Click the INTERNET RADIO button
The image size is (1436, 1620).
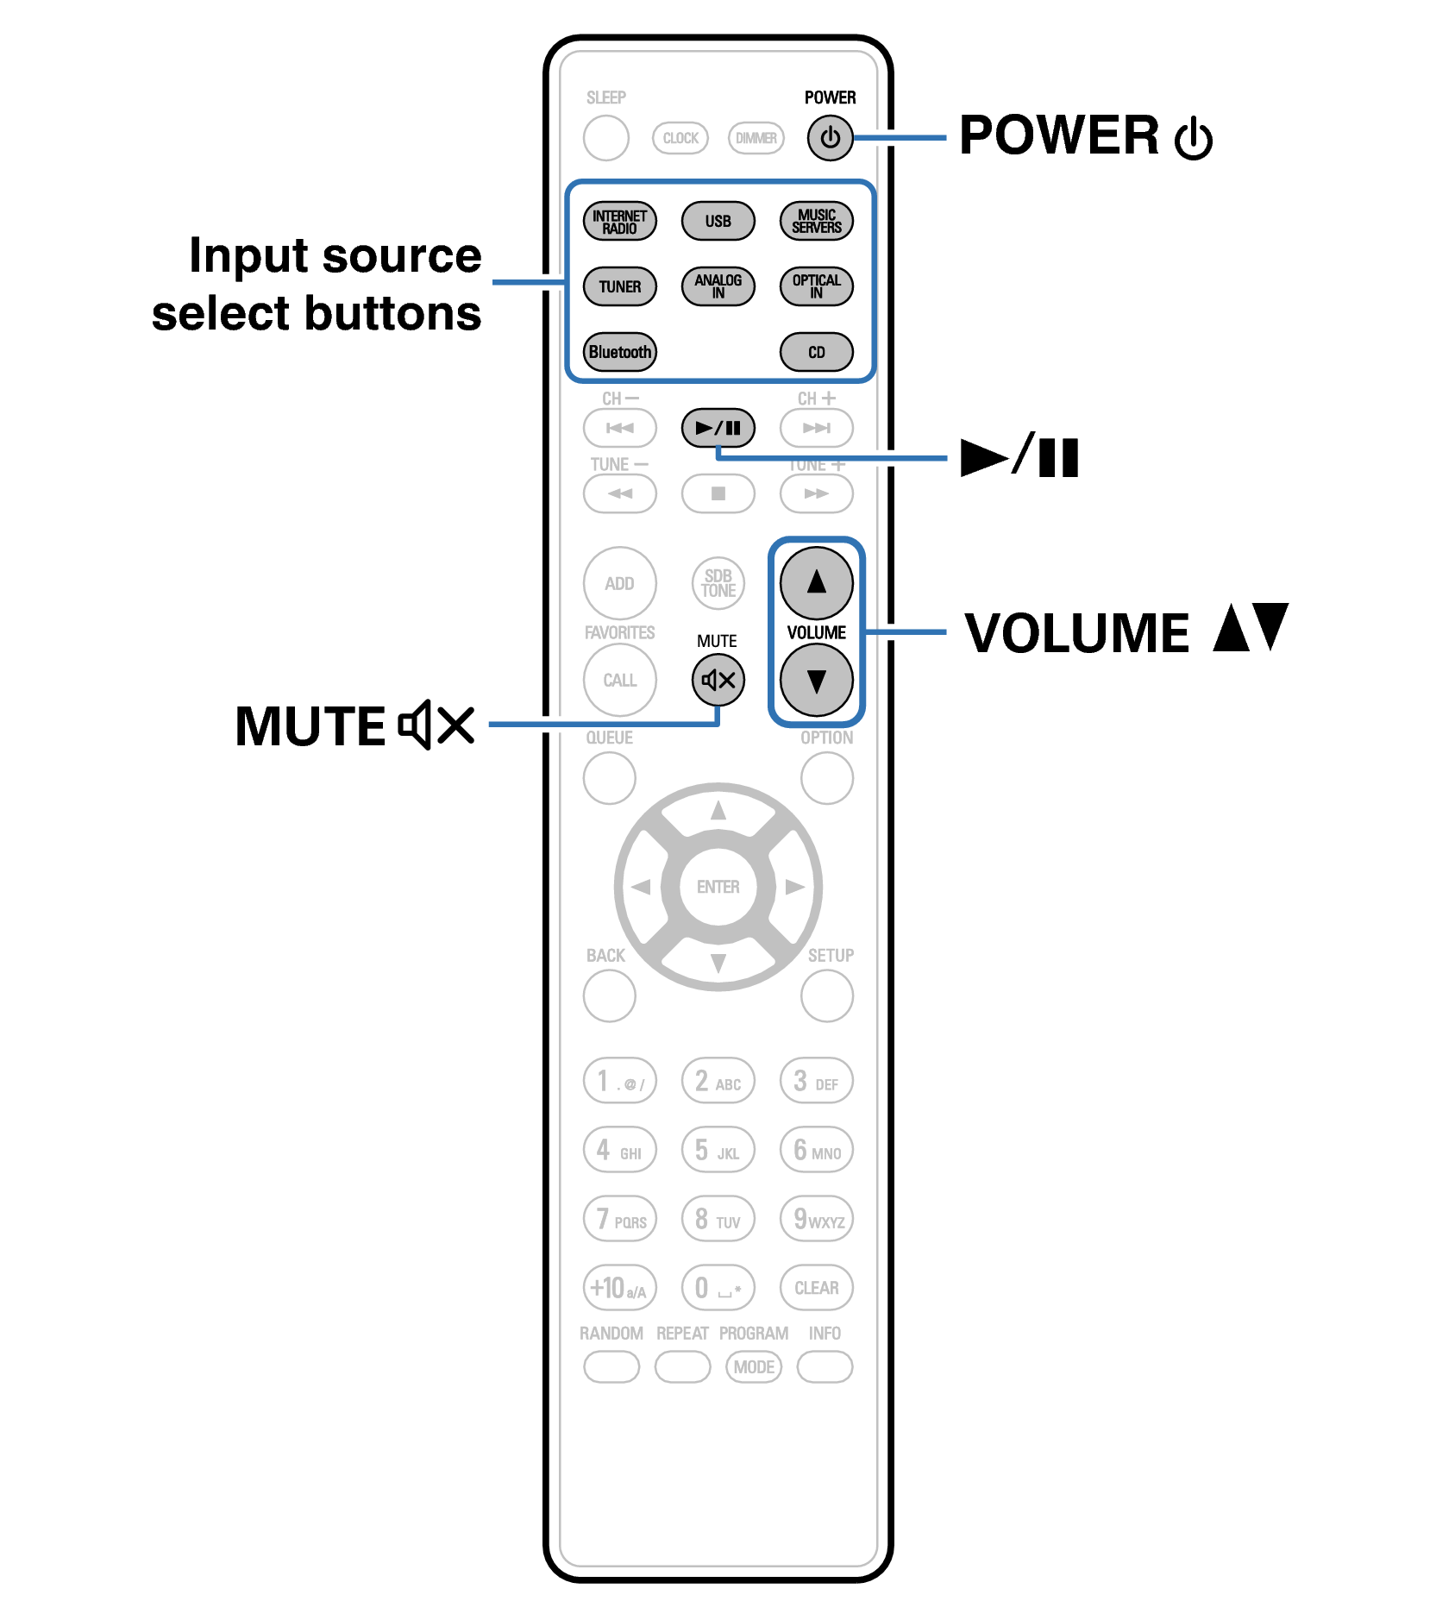point(619,222)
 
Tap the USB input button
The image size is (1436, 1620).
point(718,222)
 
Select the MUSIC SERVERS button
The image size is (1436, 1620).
point(816,222)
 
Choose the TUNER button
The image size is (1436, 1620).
point(619,287)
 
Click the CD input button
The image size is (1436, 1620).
point(816,353)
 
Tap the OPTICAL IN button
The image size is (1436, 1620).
point(816,287)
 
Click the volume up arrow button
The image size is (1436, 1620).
point(816,583)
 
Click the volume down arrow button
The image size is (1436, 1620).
point(816,681)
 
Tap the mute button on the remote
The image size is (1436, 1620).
point(718,681)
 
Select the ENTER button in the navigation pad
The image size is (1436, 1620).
point(718,887)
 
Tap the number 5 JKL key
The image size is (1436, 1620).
point(718,1151)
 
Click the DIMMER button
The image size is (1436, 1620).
point(756,138)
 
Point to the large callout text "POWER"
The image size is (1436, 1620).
point(1059,135)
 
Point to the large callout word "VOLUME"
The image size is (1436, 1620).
point(1076,634)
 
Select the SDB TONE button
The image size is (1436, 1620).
point(718,583)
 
